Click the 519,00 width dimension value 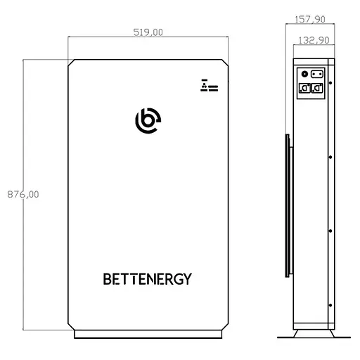coord(148,32)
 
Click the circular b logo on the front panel coord(148,121)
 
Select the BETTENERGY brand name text coord(147,279)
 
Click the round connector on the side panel coord(304,73)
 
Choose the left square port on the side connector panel coord(305,89)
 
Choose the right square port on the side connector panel coord(318,89)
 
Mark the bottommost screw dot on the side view coord(330,304)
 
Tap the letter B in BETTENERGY coord(108,279)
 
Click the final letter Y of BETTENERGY coord(187,279)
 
